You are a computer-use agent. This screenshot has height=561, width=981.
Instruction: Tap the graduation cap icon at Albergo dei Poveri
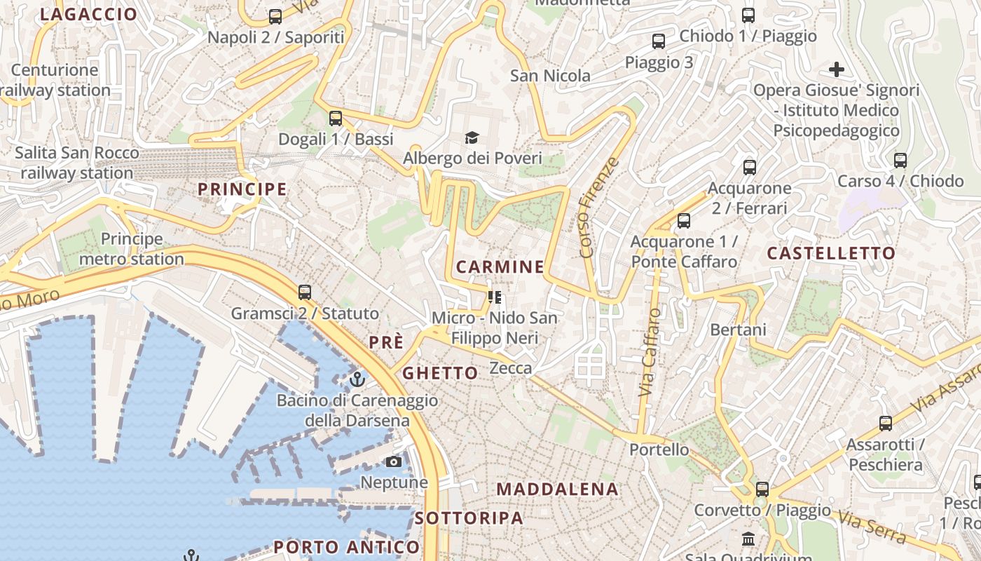click(x=472, y=137)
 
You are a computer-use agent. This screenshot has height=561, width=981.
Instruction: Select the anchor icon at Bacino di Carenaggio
click(x=357, y=379)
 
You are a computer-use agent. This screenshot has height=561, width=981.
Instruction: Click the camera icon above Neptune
click(x=394, y=461)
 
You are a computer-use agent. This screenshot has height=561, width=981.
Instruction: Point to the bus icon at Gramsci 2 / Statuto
click(x=304, y=292)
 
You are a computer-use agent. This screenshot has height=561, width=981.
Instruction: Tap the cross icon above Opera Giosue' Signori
click(x=836, y=69)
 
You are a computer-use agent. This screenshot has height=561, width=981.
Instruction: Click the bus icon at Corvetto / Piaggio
click(x=762, y=489)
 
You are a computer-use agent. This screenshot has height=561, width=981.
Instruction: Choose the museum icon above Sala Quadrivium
click(x=748, y=539)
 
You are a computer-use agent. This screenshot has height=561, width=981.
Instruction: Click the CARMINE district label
click(x=500, y=266)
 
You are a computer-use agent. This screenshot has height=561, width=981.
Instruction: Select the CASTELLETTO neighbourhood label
click(x=831, y=253)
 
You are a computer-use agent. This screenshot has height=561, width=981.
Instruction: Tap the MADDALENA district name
click(x=558, y=489)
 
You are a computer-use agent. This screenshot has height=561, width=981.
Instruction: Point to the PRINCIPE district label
click(x=242, y=189)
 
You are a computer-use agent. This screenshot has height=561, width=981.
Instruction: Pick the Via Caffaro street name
click(x=650, y=353)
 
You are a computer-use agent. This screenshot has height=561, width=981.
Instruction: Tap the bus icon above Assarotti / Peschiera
click(x=886, y=424)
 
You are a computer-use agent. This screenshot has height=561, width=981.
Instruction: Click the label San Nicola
click(x=550, y=76)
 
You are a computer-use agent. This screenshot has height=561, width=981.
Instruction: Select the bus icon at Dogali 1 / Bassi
click(x=336, y=118)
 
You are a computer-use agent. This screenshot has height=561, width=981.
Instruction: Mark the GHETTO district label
click(x=440, y=373)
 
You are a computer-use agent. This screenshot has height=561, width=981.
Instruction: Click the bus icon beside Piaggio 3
click(x=659, y=41)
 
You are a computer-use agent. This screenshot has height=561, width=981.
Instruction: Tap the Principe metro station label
click(x=132, y=249)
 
